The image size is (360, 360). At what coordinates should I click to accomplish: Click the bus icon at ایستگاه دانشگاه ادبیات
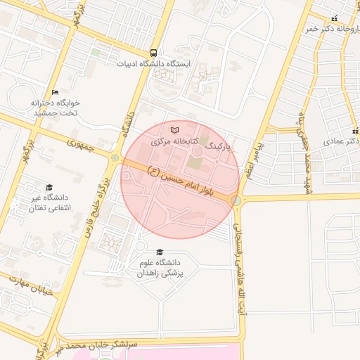(x=153, y=53)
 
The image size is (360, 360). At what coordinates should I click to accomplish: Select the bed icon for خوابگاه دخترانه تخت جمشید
(x=56, y=92)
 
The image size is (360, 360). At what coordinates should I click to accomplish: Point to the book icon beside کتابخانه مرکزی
(x=175, y=130)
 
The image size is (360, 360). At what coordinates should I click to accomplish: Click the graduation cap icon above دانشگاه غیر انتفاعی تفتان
(x=49, y=187)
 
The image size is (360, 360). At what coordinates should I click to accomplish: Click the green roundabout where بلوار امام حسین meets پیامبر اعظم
(x=236, y=201)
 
